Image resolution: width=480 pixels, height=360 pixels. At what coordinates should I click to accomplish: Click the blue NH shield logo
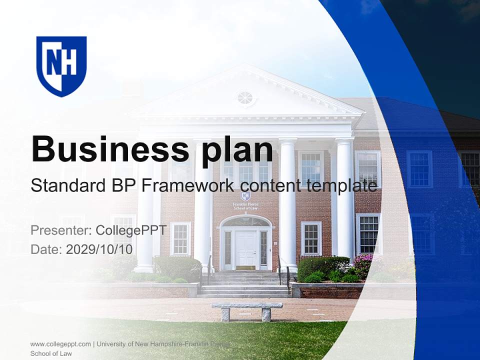[x=61, y=65]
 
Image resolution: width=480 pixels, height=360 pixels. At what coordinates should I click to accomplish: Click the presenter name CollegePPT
[x=131, y=230]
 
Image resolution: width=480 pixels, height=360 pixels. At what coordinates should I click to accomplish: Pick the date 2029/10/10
[x=99, y=249]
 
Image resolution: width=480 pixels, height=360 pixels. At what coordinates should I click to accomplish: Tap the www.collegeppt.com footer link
[x=60, y=344]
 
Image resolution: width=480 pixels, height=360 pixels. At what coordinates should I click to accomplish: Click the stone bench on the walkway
[x=246, y=310]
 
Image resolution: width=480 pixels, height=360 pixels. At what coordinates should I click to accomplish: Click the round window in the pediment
[x=245, y=98]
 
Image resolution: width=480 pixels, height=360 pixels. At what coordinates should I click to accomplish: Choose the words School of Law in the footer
[x=51, y=353]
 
